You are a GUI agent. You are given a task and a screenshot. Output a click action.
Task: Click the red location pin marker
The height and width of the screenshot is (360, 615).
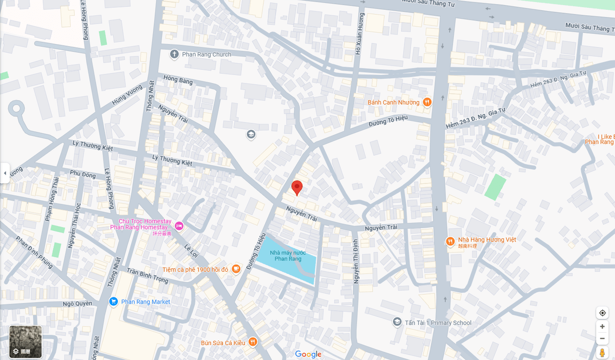tap(297, 188)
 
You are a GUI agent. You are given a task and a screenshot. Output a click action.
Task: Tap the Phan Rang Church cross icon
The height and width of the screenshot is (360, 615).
tap(174, 54)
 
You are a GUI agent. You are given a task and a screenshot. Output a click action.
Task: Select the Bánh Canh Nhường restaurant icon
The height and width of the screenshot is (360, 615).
tap(427, 103)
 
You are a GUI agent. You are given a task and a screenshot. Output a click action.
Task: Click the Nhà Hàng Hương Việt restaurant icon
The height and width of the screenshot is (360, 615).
tap(450, 241)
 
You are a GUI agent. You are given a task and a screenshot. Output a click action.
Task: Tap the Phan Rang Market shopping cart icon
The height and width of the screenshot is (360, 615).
tap(114, 302)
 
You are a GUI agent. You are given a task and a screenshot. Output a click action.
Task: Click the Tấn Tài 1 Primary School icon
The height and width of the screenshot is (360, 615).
tap(397, 323)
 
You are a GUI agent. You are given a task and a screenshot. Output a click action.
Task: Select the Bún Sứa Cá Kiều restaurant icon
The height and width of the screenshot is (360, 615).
tap(252, 342)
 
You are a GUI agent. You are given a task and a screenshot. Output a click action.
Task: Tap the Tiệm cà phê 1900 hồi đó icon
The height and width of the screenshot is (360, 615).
tap(236, 269)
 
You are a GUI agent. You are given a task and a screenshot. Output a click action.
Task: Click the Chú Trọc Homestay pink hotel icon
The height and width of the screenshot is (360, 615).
tap(179, 226)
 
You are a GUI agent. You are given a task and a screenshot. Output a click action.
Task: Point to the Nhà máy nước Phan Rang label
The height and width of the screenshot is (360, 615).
tap(288, 255)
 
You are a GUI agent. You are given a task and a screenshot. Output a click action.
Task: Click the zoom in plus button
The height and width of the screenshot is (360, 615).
tap(602, 327)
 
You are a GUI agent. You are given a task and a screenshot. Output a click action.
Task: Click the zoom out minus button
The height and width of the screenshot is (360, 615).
tap(602, 338)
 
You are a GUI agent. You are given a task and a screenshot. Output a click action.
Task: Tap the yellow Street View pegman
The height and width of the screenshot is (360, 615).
tap(602, 353)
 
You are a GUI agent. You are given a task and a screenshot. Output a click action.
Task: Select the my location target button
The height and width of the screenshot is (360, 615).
tap(602, 313)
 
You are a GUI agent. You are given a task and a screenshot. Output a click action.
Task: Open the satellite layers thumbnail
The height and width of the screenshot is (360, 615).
tap(26, 342)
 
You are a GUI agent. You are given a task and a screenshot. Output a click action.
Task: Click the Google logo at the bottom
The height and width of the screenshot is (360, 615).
tap(308, 354)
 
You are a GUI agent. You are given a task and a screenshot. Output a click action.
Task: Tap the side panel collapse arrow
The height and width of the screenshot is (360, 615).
tap(5, 173)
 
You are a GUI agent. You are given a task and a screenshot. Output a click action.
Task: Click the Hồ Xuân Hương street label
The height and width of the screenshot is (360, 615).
tap(360, 33)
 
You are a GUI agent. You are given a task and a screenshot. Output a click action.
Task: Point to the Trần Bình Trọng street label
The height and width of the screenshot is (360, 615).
tap(147, 275)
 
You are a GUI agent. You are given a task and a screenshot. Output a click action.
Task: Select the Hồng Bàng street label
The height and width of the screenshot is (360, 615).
tap(178, 82)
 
